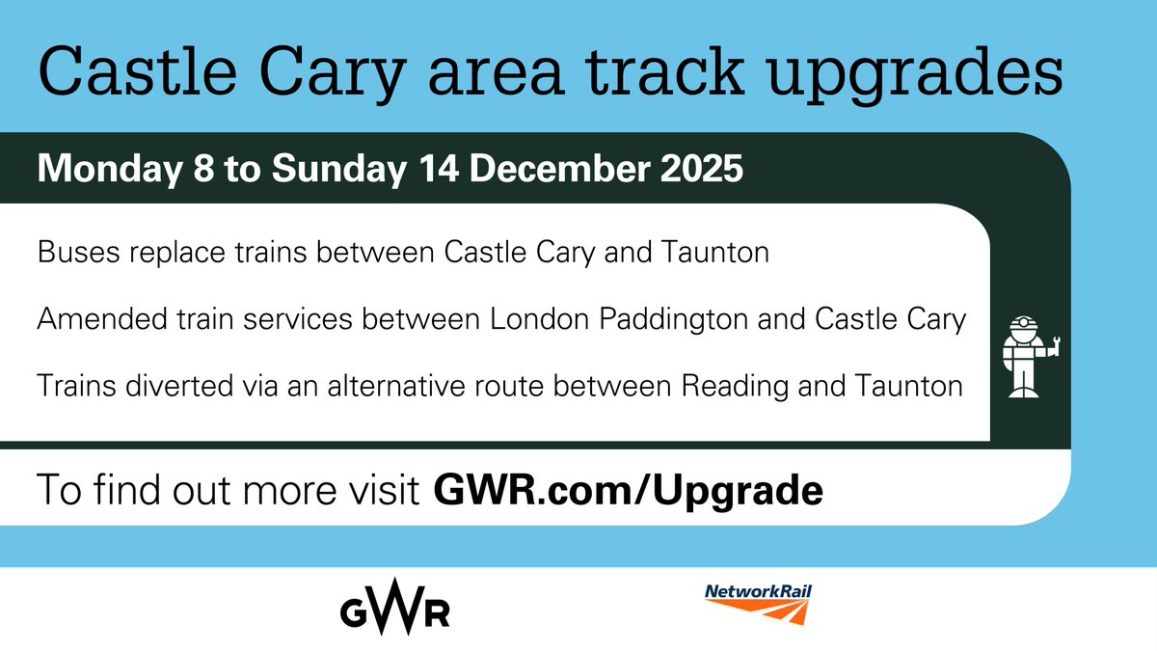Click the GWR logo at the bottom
(394, 610)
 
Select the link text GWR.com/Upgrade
(629, 491)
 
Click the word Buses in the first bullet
(70, 255)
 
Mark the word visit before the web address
(382, 491)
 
